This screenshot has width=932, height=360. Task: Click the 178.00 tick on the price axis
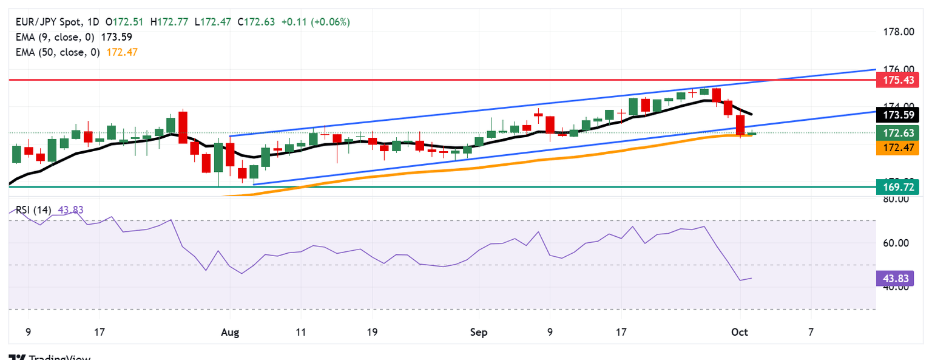(x=897, y=32)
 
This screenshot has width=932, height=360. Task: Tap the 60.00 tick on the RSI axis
(x=896, y=243)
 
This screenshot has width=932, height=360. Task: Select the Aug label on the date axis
(x=231, y=333)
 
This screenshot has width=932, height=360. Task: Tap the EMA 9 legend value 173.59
(x=116, y=37)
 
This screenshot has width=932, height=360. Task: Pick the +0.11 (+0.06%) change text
(x=316, y=22)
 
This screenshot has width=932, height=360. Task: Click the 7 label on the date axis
(x=811, y=333)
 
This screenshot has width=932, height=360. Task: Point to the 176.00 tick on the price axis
(x=897, y=69)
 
